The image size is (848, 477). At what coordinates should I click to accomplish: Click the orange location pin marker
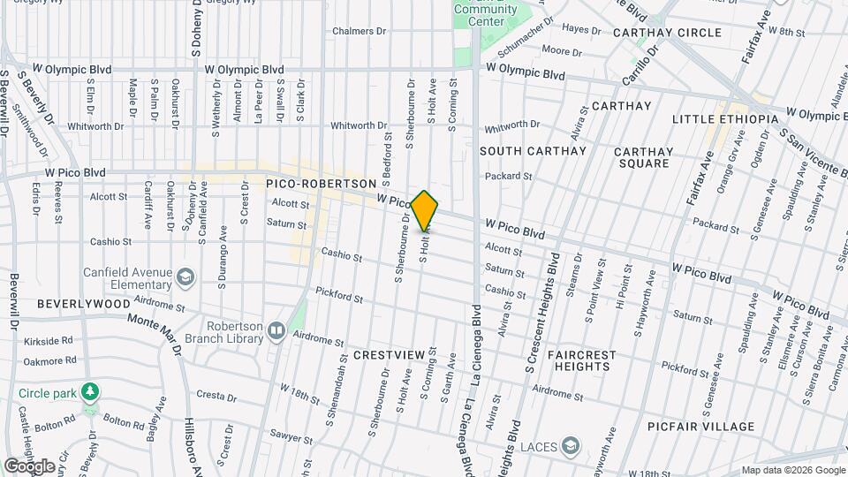pos(425,212)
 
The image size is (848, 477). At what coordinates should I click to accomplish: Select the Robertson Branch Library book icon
pos(276,331)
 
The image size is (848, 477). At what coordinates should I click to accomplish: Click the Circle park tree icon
pos(89,390)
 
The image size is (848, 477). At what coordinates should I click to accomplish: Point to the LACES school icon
pos(572,444)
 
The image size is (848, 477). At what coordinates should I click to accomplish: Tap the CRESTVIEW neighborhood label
pos(390,354)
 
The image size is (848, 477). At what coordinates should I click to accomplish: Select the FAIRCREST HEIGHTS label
pos(581,360)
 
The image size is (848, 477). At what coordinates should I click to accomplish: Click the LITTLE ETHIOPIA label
pos(724,119)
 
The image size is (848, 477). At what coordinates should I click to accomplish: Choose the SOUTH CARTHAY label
pos(533,151)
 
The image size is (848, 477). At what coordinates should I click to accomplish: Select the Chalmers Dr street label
pos(360,31)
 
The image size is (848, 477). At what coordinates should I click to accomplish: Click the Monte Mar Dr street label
pos(155,332)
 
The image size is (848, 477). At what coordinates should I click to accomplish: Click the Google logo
pos(29,466)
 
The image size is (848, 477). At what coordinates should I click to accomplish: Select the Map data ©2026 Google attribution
pos(792,470)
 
